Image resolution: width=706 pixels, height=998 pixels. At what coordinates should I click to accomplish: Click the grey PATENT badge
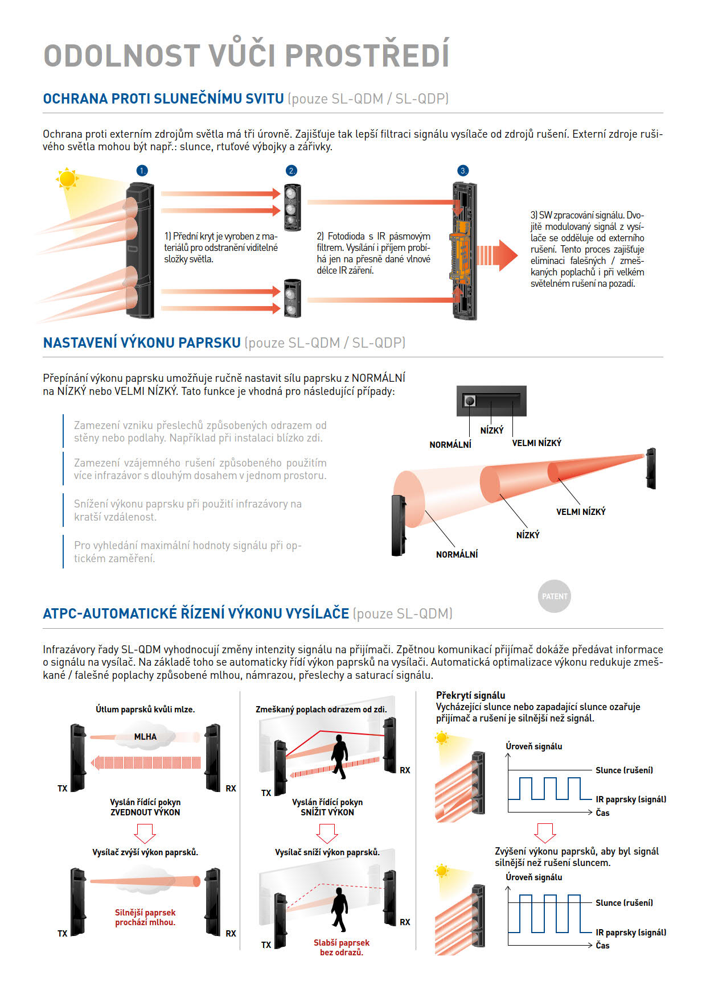click(554, 596)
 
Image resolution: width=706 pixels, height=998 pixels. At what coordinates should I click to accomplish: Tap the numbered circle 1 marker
click(142, 171)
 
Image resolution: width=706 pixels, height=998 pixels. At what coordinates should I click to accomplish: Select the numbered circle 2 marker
click(292, 171)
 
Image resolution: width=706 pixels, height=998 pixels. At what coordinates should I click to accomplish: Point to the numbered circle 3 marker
click(463, 171)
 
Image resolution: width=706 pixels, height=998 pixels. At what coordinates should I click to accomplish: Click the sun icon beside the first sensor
click(67, 179)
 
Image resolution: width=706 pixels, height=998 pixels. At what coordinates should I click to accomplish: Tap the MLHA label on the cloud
click(145, 737)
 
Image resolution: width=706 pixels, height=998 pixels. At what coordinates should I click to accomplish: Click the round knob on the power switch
click(470, 401)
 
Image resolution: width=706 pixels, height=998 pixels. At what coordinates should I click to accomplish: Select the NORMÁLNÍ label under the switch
click(450, 445)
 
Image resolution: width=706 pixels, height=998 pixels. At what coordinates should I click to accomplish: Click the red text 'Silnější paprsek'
click(145, 913)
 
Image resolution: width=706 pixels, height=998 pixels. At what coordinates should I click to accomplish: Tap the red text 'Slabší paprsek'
click(342, 943)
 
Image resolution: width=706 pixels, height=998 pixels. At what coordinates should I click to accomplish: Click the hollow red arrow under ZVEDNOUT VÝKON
click(145, 833)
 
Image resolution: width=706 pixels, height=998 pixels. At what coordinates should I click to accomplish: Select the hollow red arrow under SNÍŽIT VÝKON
click(327, 833)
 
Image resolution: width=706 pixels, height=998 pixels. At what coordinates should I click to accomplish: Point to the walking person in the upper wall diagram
click(339, 756)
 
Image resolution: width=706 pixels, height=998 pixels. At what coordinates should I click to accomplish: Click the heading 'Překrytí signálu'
click(470, 695)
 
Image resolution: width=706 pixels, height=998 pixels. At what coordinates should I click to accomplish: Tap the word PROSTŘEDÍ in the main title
click(367, 56)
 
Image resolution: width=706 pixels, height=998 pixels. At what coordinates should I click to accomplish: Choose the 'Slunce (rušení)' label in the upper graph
click(624, 770)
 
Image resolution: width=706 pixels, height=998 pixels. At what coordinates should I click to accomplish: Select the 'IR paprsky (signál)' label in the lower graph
click(631, 933)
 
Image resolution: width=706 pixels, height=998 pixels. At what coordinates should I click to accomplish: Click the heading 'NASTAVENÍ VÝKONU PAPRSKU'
click(142, 343)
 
